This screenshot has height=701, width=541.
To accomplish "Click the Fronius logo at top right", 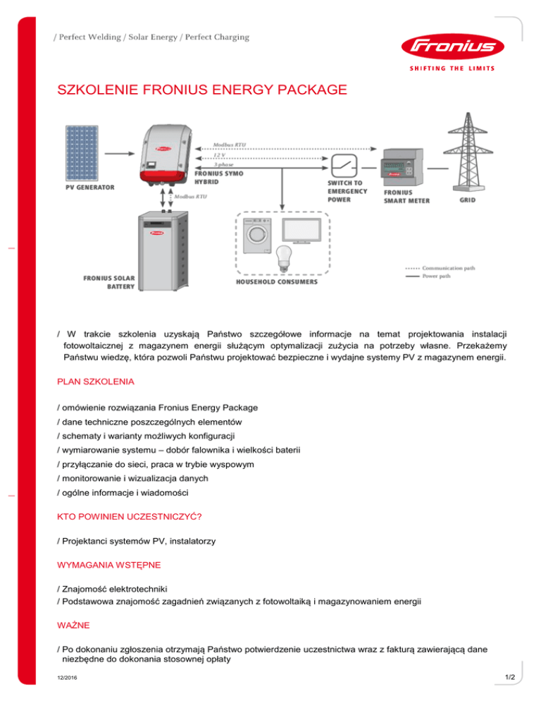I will [x=449, y=49].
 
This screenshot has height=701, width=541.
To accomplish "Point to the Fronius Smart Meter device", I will [x=403, y=167].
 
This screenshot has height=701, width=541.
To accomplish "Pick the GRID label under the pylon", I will [x=468, y=200].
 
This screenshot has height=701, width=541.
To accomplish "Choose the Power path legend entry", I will [x=437, y=276].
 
